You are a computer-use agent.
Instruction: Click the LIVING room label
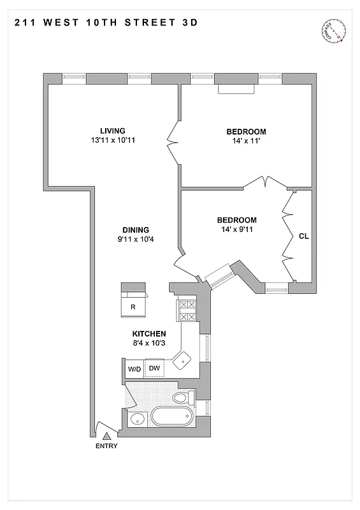(112, 131)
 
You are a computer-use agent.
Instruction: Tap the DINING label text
(136, 230)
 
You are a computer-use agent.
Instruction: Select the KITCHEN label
(149, 333)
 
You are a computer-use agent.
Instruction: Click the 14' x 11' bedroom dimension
(242, 142)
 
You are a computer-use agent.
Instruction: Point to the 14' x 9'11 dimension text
(238, 230)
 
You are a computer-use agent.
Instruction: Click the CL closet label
(303, 236)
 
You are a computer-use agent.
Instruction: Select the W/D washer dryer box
(134, 368)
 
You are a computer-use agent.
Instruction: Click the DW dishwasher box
(154, 368)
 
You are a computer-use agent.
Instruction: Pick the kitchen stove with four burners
(187, 310)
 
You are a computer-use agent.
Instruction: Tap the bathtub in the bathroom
(171, 418)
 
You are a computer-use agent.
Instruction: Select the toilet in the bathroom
(182, 398)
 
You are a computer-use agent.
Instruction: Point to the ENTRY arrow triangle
(106, 436)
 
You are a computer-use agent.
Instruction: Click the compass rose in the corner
(334, 29)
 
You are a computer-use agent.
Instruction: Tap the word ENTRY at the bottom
(106, 446)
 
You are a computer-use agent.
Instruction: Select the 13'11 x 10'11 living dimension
(112, 142)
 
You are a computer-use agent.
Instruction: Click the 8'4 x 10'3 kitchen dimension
(149, 344)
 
